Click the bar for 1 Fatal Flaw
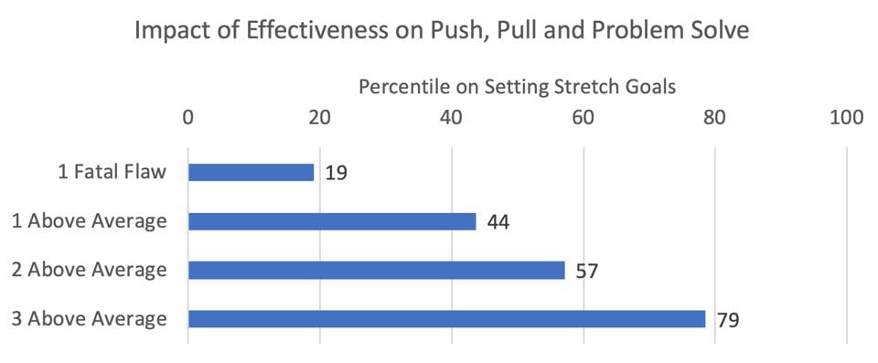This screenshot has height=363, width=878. (251, 172)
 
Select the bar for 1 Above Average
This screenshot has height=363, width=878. (332, 221)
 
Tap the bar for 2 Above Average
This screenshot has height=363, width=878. (376, 270)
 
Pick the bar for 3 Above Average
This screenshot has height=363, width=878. (446, 319)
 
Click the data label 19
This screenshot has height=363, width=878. (335, 173)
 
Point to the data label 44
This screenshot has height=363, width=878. (498, 221)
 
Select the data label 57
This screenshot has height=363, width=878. (586, 271)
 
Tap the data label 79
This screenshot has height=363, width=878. (728, 320)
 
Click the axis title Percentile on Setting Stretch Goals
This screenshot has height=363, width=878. (517, 88)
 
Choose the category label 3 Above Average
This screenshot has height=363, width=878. (90, 319)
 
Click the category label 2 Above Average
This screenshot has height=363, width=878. (90, 270)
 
